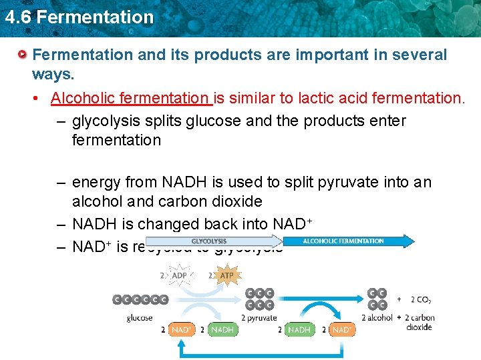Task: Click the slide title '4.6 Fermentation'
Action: (x=79, y=17)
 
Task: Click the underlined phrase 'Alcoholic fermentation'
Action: (x=130, y=99)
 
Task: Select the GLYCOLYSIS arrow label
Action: (x=209, y=241)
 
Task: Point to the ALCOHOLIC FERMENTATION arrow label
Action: (x=343, y=241)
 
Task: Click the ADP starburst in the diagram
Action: (x=180, y=275)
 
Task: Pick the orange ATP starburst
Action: (x=226, y=275)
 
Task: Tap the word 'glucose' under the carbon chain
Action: (x=140, y=318)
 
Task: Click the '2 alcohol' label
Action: (x=377, y=318)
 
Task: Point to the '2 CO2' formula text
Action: (x=421, y=299)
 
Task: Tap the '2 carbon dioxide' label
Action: (x=420, y=322)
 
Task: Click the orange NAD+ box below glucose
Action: (x=181, y=329)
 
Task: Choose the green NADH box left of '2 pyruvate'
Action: (x=222, y=329)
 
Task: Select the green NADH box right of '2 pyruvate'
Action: (x=299, y=329)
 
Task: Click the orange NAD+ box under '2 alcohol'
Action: (x=341, y=329)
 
